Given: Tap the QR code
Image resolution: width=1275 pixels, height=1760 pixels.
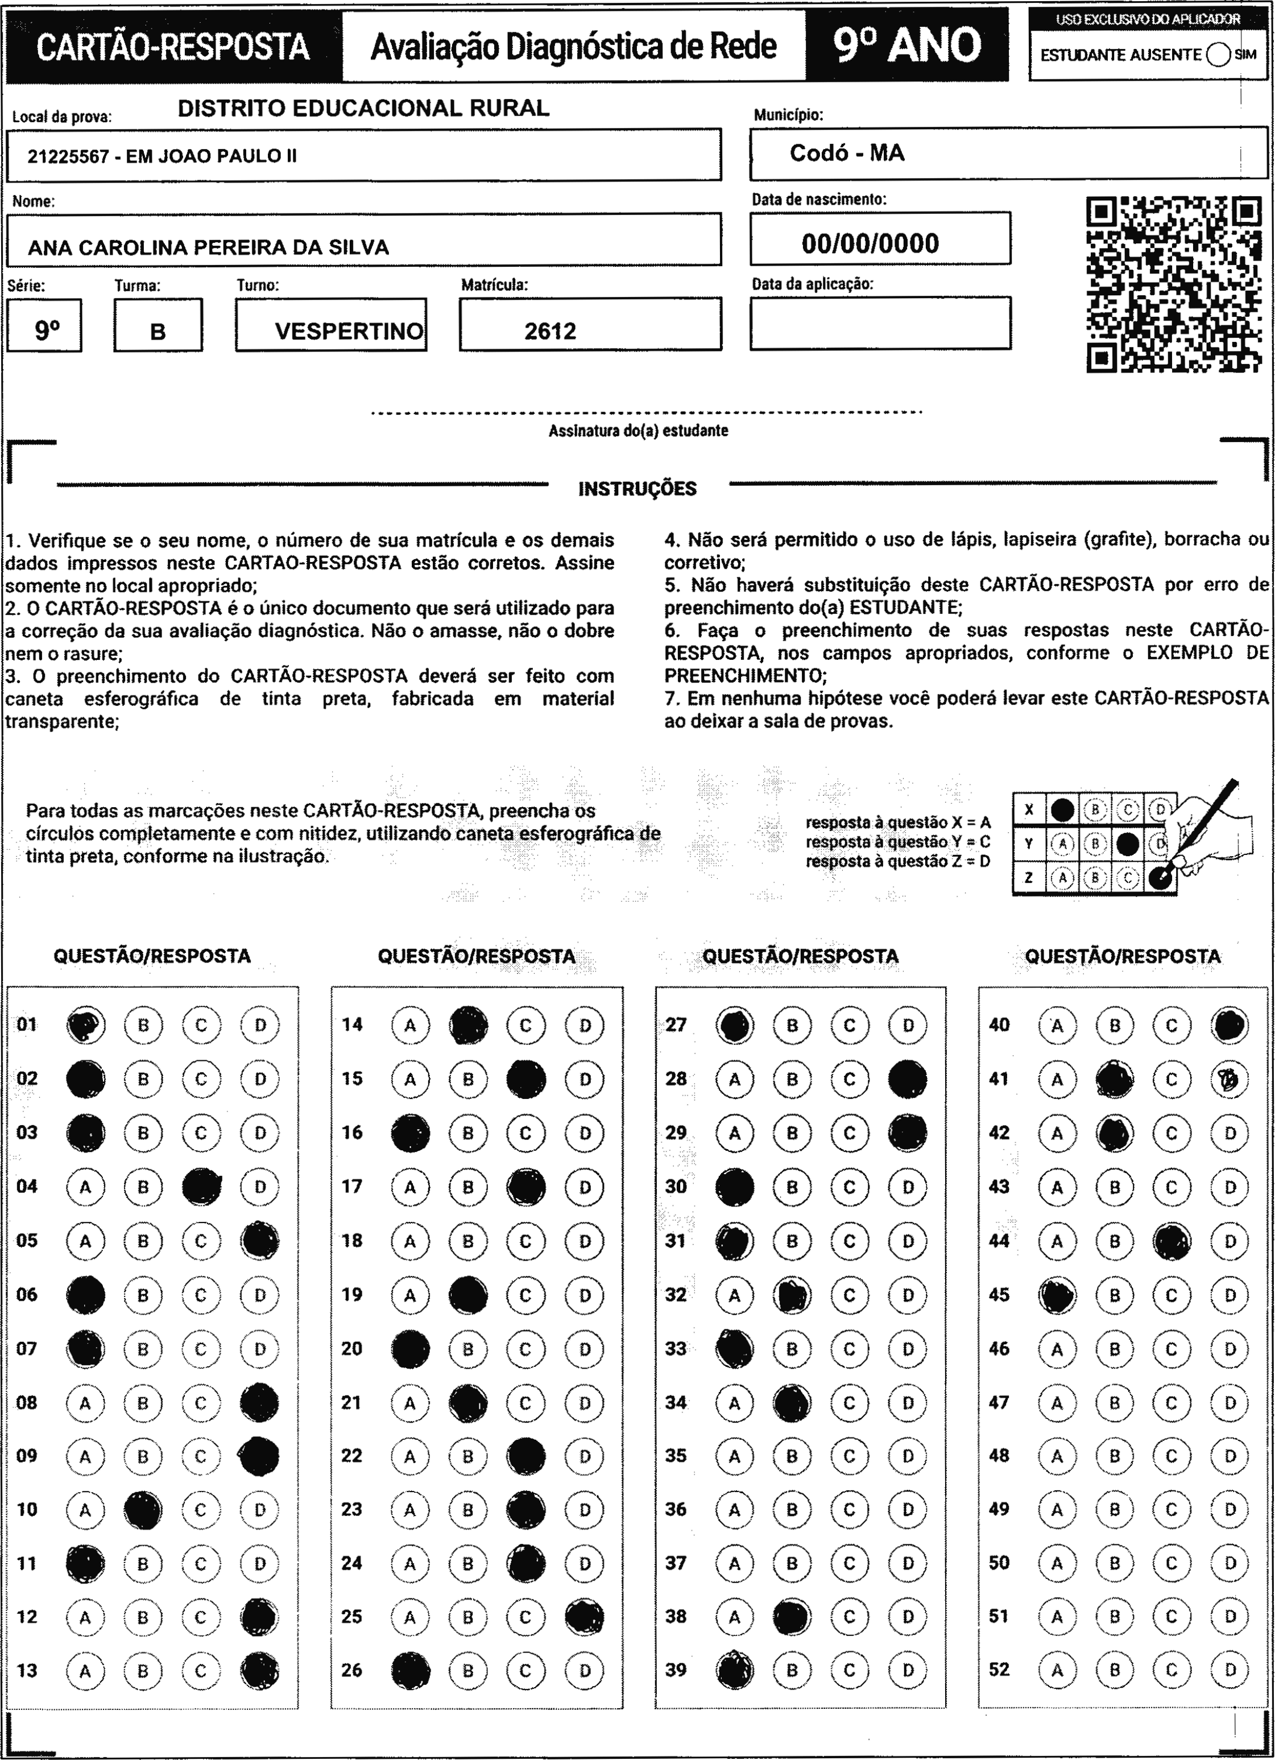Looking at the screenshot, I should click(x=1173, y=284).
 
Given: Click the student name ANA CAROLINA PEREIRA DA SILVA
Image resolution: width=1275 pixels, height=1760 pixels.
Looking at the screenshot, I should click(x=208, y=247).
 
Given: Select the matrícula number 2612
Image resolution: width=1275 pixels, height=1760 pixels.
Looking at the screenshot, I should click(x=550, y=332).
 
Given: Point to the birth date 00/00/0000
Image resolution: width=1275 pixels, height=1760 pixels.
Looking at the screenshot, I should click(x=870, y=243).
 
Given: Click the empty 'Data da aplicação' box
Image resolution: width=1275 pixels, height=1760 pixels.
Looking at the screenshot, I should click(x=880, y=324).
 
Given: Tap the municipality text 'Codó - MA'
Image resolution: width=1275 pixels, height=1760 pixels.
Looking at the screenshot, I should click(x=847, y=153).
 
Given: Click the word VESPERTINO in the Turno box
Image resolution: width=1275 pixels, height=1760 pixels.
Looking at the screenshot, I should click(x=349, y=332).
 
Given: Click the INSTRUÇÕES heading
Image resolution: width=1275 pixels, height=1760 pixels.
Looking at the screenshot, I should click(x=637, y=489).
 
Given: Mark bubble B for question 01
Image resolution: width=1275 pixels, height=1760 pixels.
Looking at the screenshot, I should click(x=143, y=1025).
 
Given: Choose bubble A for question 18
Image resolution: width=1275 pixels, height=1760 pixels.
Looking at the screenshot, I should click(x=409, y=1241).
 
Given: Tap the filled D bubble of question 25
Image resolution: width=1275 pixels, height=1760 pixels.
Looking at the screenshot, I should click(x=585, y=1617).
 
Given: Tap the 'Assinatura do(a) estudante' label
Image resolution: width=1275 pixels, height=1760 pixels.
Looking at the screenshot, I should click(x=638, y=431).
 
